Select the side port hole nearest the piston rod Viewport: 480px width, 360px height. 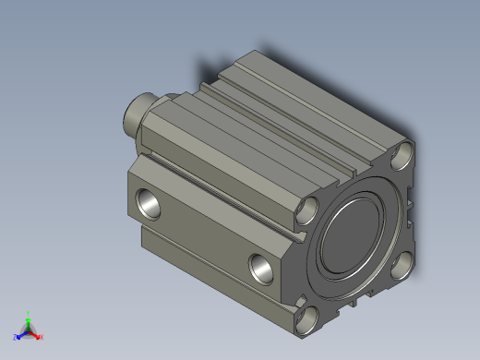point(148,201)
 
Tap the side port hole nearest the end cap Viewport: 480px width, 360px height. point(262,269)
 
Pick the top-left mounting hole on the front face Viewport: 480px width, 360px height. point(310,211)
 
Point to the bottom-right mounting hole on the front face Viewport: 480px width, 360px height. point(400,267)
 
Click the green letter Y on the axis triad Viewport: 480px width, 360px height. point(29,313)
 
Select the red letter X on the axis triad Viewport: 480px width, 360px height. point(42,337)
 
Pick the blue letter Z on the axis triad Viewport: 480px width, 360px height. point(16,337)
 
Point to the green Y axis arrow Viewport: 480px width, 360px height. point(29,322)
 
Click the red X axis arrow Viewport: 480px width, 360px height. point(35,333)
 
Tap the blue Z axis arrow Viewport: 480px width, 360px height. point(22,333)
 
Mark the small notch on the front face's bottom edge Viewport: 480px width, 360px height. point(353,302)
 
